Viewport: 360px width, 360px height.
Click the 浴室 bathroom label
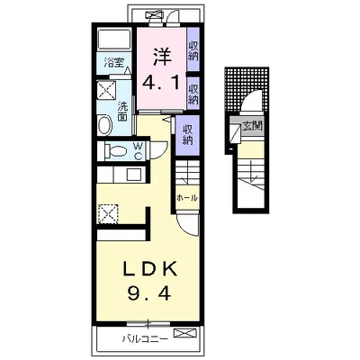click(x=112, y=63)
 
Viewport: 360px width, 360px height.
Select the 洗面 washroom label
click(x=122, y=112)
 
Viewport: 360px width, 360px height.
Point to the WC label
click(x=138, y=151)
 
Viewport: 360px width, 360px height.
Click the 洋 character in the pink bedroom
click(x=162, y=57)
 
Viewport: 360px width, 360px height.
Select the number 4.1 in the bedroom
click(x=161, y=83)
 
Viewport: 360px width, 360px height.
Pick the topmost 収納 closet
click(x=193, y=50)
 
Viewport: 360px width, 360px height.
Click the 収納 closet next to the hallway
click(x=187, y=135)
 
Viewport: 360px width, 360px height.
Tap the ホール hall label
click(x=187, y=198)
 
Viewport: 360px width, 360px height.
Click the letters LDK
click(x=149, y=269)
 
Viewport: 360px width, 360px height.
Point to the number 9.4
click(x=149, y=292)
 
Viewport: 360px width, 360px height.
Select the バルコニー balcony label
click(x=144, y=339)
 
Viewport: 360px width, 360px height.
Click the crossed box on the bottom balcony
click(x=185, y=333)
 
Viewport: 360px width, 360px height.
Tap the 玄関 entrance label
click(x=252, y=126)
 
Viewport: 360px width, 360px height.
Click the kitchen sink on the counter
click(x=133, y=175)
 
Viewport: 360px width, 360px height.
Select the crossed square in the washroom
click(x=107, y=89)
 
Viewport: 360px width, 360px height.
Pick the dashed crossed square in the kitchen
click(x=108, y=213)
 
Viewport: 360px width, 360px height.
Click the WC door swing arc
click(x=164, y=150)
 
